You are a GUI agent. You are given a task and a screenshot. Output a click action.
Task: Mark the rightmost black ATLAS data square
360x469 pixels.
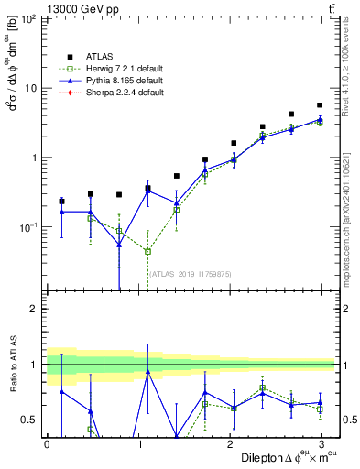320,105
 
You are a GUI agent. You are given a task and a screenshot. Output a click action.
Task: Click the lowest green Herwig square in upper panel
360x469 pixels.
147,251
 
